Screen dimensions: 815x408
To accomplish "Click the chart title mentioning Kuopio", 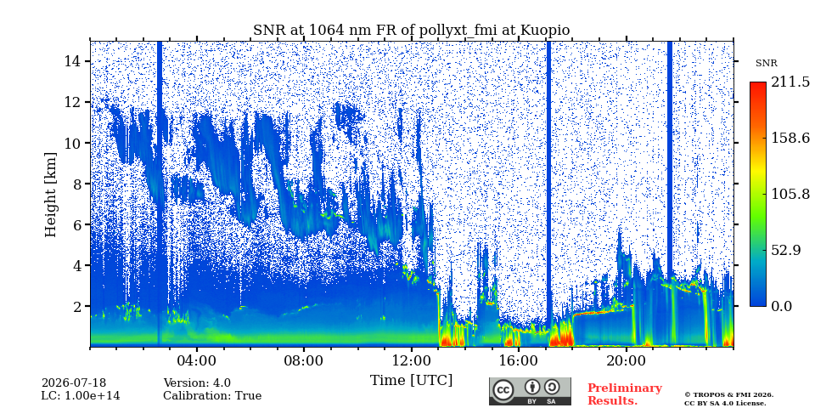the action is pyautogui.click(x=411, y=31).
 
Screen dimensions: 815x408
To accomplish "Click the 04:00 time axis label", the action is pyautogui.click(x=197, y=361).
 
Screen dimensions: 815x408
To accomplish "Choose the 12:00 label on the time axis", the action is pyautogui.click(x=412, y=361).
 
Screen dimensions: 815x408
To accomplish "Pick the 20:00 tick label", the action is pyautogui.click(x=627, y=361).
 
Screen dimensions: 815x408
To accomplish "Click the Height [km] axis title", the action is pyautogui.click(x=50, y=195).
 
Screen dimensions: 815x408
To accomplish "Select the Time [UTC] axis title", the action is pyautogui.click(x=411, y=381).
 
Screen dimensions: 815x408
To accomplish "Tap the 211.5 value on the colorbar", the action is pyautogui.click(x=790, y=82).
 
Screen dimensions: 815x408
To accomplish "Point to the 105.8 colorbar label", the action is pyautogui.click(x=790, y=194).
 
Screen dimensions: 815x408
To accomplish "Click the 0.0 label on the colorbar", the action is pyautogui.click(x=782, y=306).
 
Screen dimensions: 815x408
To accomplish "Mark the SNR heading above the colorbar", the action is pyautogui.click(x=766, y=64).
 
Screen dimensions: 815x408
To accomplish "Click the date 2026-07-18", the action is pyautogui.click(x=74, y=383).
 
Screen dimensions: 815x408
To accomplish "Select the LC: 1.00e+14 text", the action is pyautogui.click(x=81, y=396).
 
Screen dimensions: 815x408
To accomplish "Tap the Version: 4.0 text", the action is pyautogui.click(x=197, y=383).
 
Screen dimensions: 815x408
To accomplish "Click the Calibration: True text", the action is pyautogui.click(x=212, y=396).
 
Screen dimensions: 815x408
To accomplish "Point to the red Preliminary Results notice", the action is pyautogui.click(x=625, y=394).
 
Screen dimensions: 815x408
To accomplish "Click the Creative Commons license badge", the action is pyautogui.click(x=530, y=391).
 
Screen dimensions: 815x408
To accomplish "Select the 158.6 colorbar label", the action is pyautogui.click(x=790, y=138).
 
